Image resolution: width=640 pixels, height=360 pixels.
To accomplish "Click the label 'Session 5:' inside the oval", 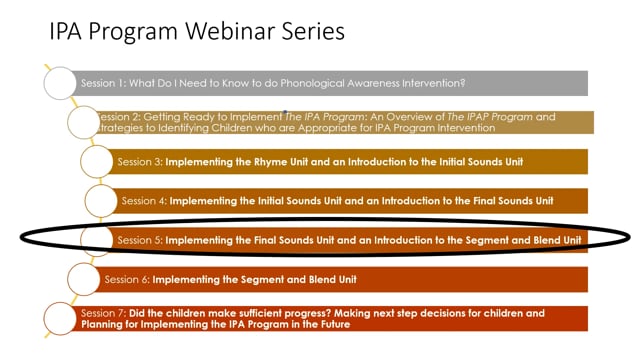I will tap(139, 240).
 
